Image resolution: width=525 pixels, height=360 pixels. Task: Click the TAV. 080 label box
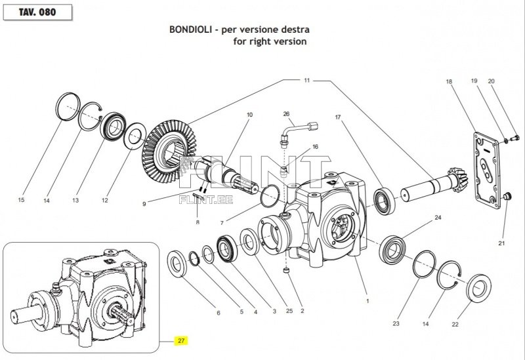pos(36,12)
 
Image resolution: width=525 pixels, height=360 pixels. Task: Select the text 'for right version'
pos(270,41)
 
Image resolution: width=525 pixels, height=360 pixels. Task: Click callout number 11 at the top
pos(306,80)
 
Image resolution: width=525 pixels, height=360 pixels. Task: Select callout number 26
pos(286,114)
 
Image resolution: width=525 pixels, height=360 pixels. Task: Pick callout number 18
pos(449,82)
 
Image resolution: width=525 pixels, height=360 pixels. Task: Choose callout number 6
pos(219,313)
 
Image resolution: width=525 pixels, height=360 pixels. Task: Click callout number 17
pos(338,118)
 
